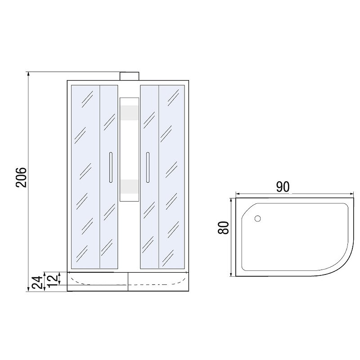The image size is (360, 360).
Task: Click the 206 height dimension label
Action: (x=21, y=177)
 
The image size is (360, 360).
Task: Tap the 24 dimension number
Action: (x=37, y=282)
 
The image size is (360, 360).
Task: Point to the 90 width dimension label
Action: (x=283, y=187)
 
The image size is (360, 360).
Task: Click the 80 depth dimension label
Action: (x=223, y=228)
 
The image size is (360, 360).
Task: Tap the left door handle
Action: (x=111, y=167)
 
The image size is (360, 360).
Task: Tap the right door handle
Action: (x=148, y=167)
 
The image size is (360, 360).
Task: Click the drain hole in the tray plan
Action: (x=257, y=219)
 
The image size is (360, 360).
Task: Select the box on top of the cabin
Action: (x=130, y=76)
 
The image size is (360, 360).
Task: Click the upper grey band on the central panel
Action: (x=130, y=113)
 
